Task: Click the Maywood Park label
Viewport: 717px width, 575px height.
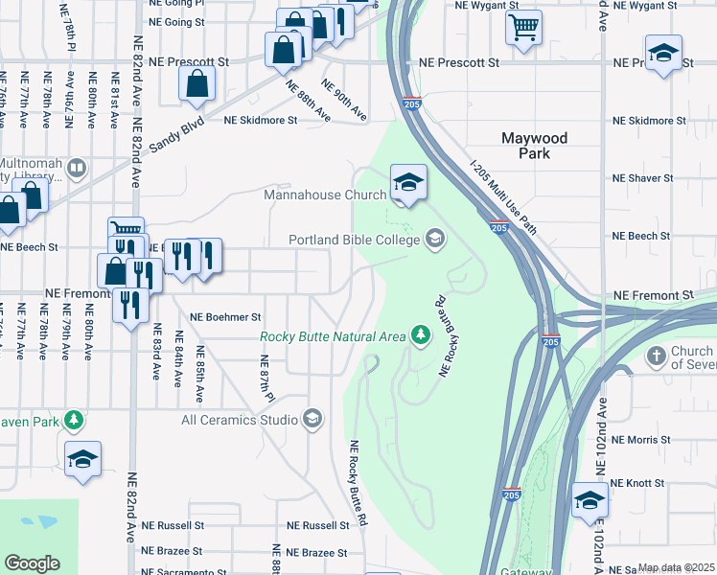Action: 535,146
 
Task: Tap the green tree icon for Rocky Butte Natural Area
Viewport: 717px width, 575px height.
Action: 419,334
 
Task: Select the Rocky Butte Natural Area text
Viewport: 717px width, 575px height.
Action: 333,335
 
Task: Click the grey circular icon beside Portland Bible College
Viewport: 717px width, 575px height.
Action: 435,239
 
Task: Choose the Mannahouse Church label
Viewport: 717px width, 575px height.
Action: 325,195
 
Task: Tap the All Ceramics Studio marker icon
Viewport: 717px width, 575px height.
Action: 312,419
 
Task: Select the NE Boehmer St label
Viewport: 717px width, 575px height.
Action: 225,316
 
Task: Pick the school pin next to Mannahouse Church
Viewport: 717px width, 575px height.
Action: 408,181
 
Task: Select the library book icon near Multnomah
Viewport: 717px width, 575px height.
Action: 77,170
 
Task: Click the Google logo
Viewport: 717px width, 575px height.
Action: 32,563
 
